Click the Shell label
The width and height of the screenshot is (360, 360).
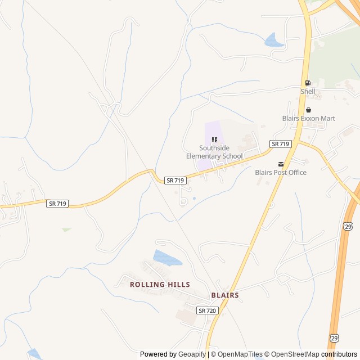(x=308, y=91)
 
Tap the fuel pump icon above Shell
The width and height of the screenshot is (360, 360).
(x=308, y=83)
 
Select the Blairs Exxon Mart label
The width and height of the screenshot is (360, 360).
(x=308, y=118)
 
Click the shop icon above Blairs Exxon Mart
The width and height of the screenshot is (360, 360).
(x=308, y=110)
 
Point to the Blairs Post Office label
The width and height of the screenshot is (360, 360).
(x=281, y=172)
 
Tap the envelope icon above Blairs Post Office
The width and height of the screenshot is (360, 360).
(x=281, y=164)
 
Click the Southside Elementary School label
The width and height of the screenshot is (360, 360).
(x=214, y=152)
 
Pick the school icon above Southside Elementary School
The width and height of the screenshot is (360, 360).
(x=214, y=139)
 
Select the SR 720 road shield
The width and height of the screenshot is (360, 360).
(x=208, y=310)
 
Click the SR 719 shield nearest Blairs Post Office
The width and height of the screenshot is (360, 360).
(x=280, y=144)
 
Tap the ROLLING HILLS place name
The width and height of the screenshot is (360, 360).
(x=160, y=285)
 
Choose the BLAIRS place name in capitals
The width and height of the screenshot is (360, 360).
(x=225, y=295)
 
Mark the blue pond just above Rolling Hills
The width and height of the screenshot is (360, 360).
(x=167, y=258)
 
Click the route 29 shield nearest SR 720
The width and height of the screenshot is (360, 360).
(x=334, y=337)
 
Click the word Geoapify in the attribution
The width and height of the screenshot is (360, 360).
(x=192, y=354)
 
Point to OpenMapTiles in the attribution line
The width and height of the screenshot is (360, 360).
(x=240, y=354)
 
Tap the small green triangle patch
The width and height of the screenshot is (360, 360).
(x=66, y=229)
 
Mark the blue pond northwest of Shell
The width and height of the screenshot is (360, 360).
(x=274, y=40)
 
